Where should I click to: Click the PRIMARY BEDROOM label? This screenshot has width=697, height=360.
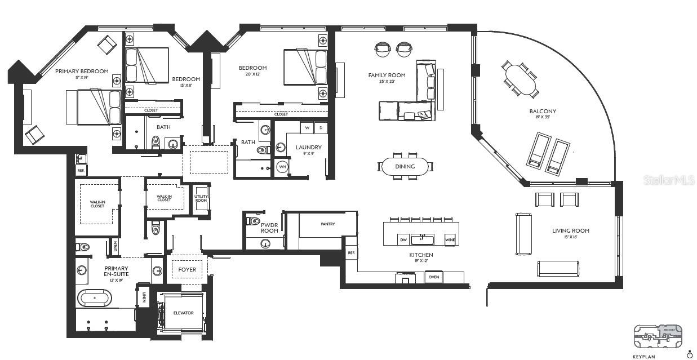pos(81,72)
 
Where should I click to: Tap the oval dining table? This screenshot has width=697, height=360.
pos(405,166)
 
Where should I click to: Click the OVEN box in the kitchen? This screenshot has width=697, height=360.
pos(434,277)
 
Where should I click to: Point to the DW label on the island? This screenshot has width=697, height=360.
pos(403,239)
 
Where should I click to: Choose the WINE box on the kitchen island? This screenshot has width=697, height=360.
pos(450,239)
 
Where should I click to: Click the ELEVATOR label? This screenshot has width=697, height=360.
pos(183,313)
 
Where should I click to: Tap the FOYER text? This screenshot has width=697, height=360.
pos(187,269)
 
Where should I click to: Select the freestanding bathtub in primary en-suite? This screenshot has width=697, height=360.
pos(94,297)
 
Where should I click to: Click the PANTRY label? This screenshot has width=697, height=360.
pos(328,224)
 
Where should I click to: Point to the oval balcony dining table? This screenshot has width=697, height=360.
pos(521,79)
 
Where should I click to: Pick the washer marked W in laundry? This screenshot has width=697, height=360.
pos(307,127)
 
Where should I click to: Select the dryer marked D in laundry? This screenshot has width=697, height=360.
pos(321,127)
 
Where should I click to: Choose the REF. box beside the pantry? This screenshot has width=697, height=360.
pos(351,254)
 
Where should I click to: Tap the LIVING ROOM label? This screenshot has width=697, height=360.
pos(570,231)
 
